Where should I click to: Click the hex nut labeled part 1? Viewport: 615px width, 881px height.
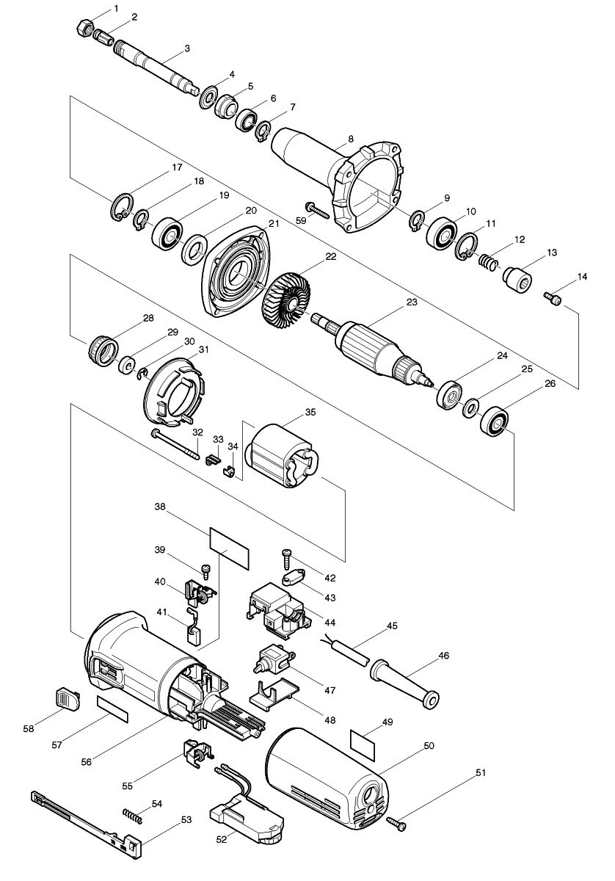coord(84,29)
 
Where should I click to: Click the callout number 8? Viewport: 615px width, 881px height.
coord(351,138)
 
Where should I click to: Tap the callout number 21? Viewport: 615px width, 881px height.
coord(274,222)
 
